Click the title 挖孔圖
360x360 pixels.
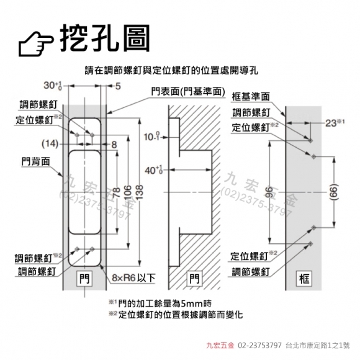pyautogui.click(x=105, y=38)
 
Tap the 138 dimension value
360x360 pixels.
pyautogui.click(x=139, y=192)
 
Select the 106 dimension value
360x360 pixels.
pyautogui.click(x=128, y=192)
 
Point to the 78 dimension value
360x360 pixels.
pyautogui.click(x=117, y=192)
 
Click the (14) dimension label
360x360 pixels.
pyautogui.click(x=50, y=144)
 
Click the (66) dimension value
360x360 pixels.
pyautogui.click(x=335, y=192)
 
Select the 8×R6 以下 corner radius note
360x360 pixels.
pyautogui.click(x=134, y=278)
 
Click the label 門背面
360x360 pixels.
pyautogui.click(x=36, y=161)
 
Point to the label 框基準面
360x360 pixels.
pyautogui.click(x=251, y=97)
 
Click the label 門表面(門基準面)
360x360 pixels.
pyautogui.click(x=188, y=92)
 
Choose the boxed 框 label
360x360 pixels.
pyautogui.click(x=304, y=279)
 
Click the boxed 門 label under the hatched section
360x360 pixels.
pyautogui.click(x=195, y=279)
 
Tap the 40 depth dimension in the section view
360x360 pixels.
pyautogui.click(x=153, y=170)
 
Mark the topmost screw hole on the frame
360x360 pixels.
pyautogui.click(x=310, y=140)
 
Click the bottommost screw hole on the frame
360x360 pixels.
pyautogui.click(x=310, y=243)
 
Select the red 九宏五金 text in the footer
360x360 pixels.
pyautogui.click(x=220, y=345)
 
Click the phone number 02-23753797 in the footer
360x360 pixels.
pyautogui.click(x=259, y=345)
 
